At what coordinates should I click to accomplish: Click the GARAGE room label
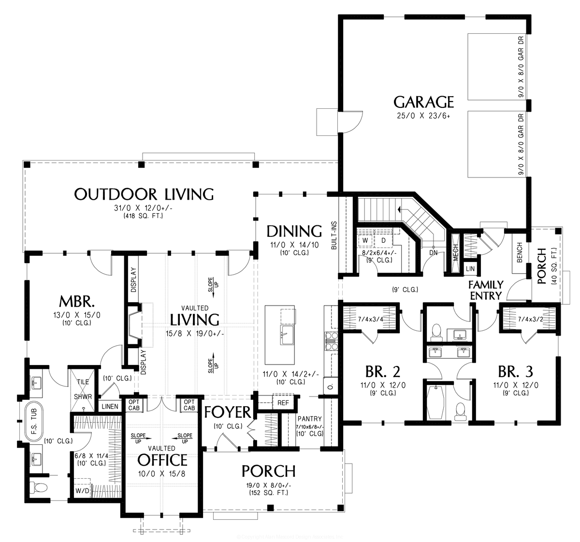[x=423, y=102]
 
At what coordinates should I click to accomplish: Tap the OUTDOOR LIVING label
[x=144, y=194]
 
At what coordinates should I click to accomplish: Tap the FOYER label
[x=227, y=412]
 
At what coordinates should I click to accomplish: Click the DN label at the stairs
[x=433, y=252]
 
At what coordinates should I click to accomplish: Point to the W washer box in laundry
[x=365, y=240]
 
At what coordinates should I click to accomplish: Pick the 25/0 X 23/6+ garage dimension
[x=423, y=116]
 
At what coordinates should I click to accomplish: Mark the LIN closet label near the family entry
[x=470, y=268]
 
